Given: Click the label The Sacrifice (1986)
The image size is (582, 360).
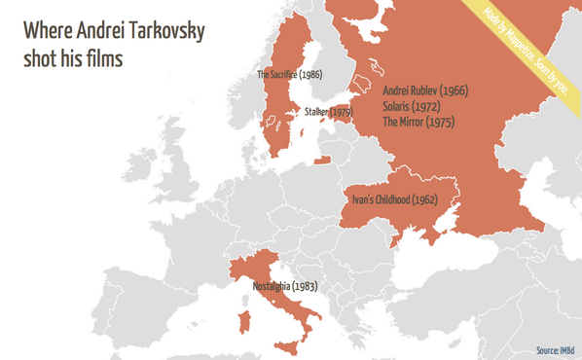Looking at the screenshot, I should click(289, 74).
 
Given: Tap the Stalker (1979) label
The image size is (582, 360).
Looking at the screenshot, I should click(328, 113).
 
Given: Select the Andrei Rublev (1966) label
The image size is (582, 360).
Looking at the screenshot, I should click(425, 90).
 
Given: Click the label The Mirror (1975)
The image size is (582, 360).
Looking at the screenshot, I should click(418, 122).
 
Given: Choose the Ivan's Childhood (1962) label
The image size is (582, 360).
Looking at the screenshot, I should click(394, 199).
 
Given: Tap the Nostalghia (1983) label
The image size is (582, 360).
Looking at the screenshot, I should click(285, 287).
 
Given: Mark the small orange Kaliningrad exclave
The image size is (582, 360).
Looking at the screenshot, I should click(321, 161).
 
